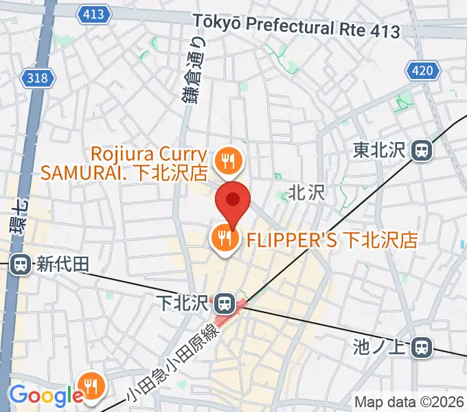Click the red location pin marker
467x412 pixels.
point(233,201)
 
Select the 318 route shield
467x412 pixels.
point(38,78)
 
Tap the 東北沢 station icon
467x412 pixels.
point(421,149)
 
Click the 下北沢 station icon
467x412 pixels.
point(223,302)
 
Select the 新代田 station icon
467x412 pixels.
point(21,263)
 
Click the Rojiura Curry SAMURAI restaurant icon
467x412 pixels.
point(225,161)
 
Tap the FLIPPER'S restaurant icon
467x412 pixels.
point(224,240)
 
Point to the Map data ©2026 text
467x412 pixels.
point(409,402)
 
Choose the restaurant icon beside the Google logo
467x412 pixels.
point(91,385)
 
